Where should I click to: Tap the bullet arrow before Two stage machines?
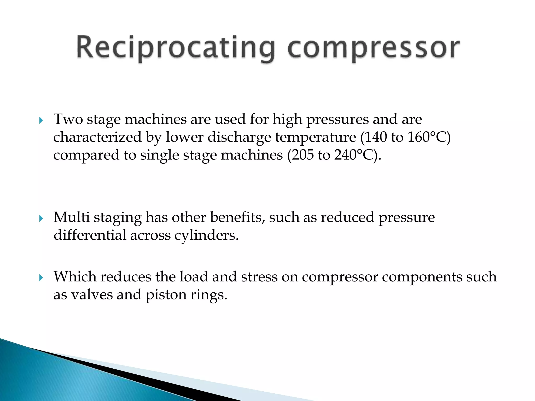(41, 120)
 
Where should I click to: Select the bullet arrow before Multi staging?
(41, 218)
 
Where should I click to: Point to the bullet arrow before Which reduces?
(41, 278)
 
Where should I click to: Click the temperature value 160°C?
(428, 137)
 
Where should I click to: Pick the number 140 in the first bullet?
(375, 137)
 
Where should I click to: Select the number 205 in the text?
(303, 155)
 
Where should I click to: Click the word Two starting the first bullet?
(68, 119)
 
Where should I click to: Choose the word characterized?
(97, 137)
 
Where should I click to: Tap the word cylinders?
(206, 235)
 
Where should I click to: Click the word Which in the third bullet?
(75, 277)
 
